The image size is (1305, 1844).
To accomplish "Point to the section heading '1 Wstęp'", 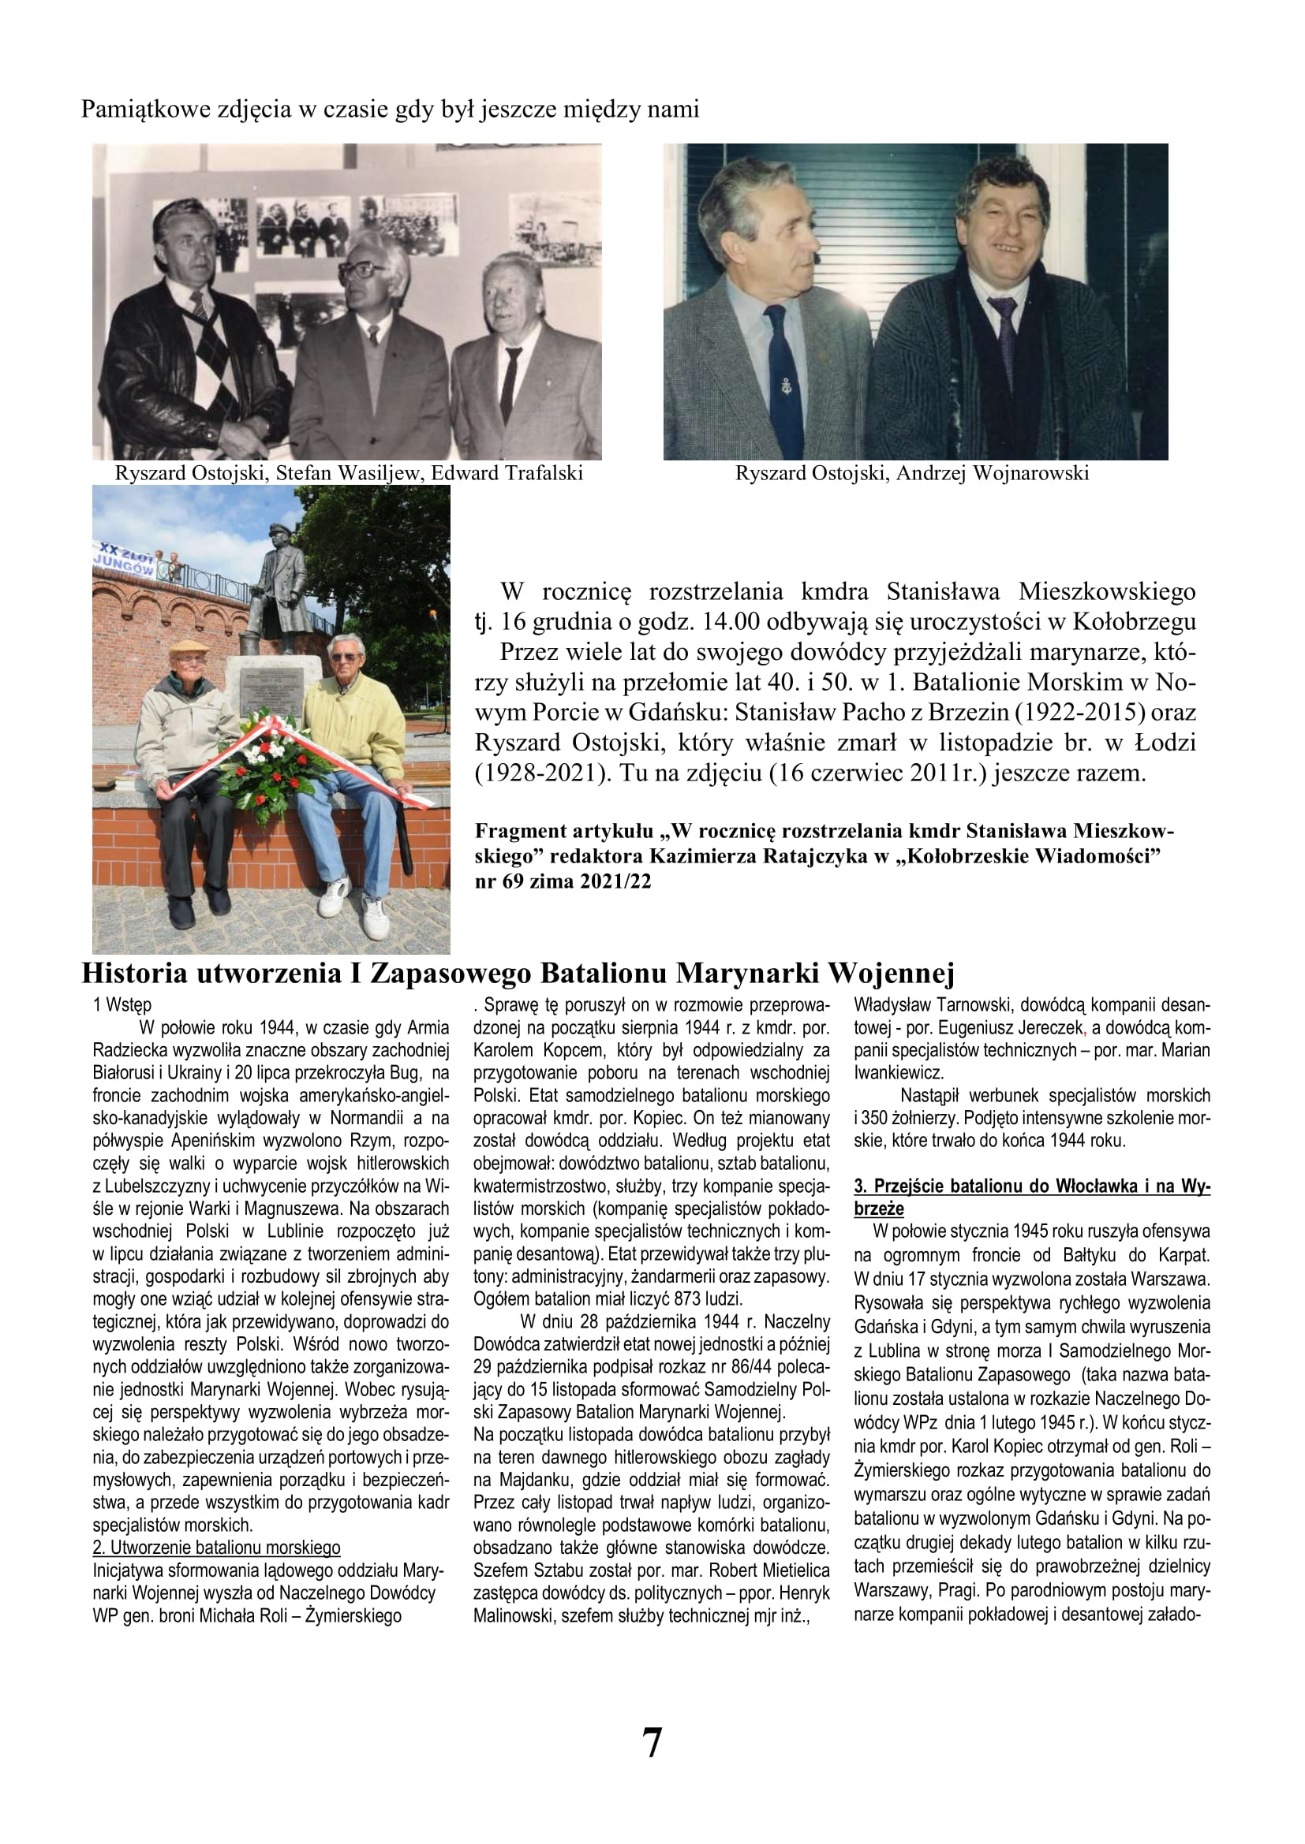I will [x=122, y=1004].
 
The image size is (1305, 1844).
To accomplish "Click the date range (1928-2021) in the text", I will [x=531, y=773].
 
